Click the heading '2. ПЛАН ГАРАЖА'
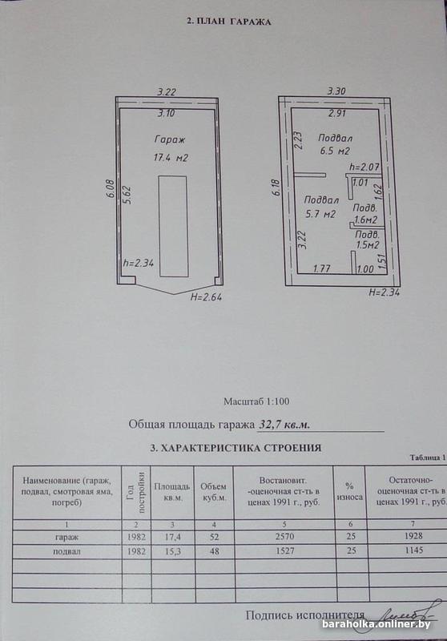pyautogui.click(x=228, y=22)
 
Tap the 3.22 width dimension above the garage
pyautogui.click(x=167, y=92)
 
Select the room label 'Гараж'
pyautogui.click(x=170, y=139)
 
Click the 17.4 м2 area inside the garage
pyautogui.click(x=171, y=157)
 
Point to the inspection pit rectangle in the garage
pyautogui.click(x=173, y=226)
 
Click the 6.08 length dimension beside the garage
pyautogui.click(x=110, y=190)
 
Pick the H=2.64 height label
pyautogui.click(x=207, y=297)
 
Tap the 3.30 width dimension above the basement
pyautogui.click(x=336, y=91)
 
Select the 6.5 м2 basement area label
pyautogui.click(x=335, y=151)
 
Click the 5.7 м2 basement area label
pyautogui.click(x=320, y=213)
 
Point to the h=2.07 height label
pyautogui.click(x=364, y=167)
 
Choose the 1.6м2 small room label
pyautogui.click(x=365, y=220)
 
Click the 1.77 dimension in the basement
pyautogui.click(x=321, y=268)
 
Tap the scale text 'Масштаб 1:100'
pyautogui.click(x=256, y=401)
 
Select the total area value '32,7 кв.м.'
pyautogui.click(x=284, y=425)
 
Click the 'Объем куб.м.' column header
pyautogui.click(x=213, y=493)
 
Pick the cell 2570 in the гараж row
pyautogui.click(x=284, y=536)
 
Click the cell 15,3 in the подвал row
pyautogui.click(x=173, y=551)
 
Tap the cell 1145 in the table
pyautogui.click(x=414, y=550)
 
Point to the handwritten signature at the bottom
pyautogui.click(x=408, y=614)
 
